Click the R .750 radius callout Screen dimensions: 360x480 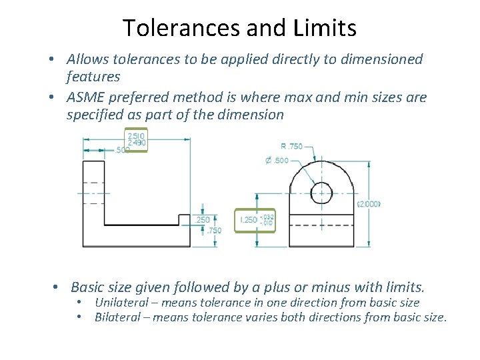click(x=291, y=146)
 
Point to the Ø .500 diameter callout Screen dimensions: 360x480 click(x=277, y=160)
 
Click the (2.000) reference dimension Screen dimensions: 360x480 click(x=369, y=204)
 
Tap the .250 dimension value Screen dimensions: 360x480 click(x=202, y=219)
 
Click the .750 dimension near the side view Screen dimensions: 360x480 click(x=215, y=231)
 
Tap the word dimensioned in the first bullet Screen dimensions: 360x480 click(x=377, y=59)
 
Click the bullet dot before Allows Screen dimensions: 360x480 click(x=51, y=59)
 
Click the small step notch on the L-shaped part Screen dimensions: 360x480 click(x=184, y=219)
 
